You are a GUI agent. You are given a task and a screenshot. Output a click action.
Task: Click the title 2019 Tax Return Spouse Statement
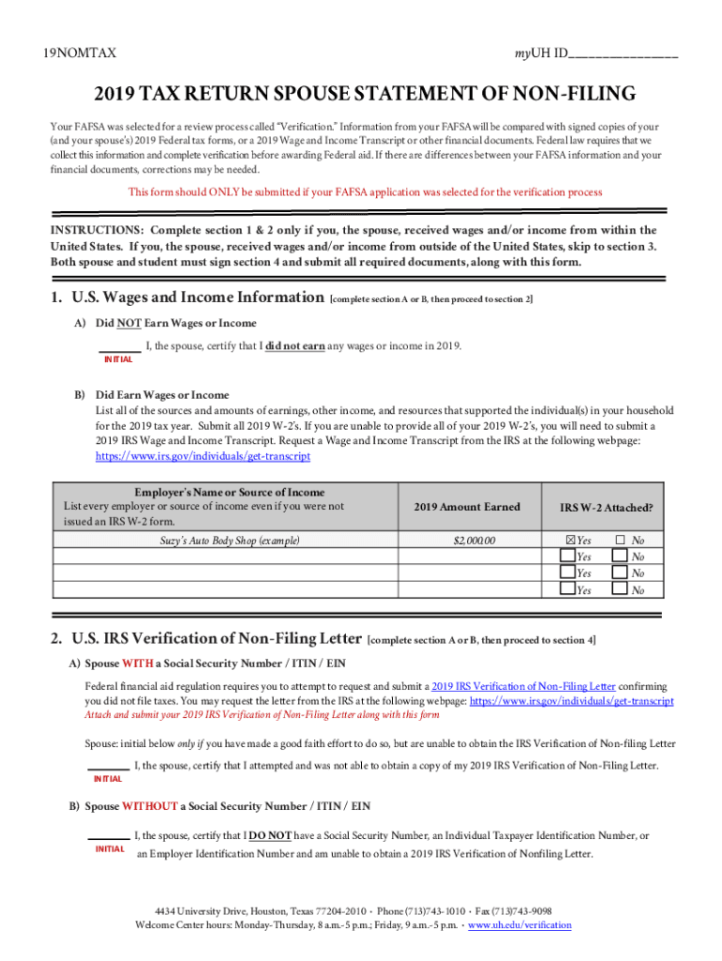click(364, 95)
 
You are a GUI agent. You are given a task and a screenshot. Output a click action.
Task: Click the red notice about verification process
click(365, 192)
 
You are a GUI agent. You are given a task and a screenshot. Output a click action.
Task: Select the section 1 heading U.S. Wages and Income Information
click(187, 297)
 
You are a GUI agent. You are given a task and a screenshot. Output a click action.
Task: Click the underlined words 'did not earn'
click(295, 346)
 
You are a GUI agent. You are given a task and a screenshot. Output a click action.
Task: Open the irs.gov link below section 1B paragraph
click(203, 456)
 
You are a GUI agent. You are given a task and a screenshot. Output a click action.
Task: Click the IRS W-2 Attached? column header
click(606, 508)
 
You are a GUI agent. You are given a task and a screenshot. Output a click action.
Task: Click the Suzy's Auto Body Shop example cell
click(224, 541)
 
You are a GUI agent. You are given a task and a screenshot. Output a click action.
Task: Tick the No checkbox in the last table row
click(620, 589)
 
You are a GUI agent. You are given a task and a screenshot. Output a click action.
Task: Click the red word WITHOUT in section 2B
click(149, 806)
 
